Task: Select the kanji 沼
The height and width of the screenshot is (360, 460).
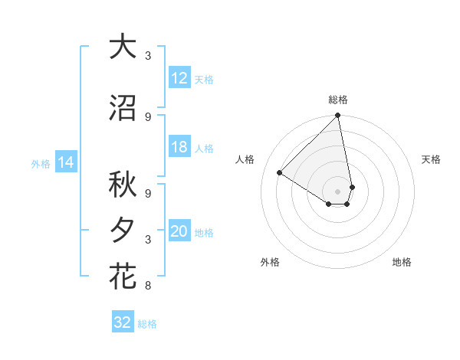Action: pyautogui.click(x=123, y=108)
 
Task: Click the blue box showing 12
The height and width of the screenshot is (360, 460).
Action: pyautogui.click(x=179, y=78)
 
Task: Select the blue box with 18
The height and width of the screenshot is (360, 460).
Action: pyautogui.click(x=179, y=148)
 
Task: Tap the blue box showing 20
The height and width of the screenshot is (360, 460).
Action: pyautogui.click(x=179, y=232)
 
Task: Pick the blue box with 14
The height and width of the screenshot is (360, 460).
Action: pyautogui.click(x=65, y=162)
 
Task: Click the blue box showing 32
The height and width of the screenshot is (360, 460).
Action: pyautogui.click(x=123, y=322)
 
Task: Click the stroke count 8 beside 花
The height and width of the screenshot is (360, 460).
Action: pyautogui.click(x=147, y=286)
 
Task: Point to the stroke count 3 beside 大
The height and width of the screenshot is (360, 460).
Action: pyautogui.click(x=147, y=56)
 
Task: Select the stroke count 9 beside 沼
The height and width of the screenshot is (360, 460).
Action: pyautogui.click(x=147, y=116)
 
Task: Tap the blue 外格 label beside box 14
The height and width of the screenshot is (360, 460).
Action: pyautogui.click(x=41, y=163)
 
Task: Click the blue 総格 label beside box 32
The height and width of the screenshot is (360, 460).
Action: pyautogui.click(x=147, y=324)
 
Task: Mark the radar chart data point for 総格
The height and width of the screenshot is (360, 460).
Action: pyautogui.click(x=338, y=116)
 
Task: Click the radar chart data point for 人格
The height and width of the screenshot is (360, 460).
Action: pyautogui.click(x=280, y=173)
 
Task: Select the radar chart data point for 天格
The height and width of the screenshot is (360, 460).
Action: pyautogui.click(x=352, y=186)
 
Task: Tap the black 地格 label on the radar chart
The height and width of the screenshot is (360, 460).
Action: pyautogui.click(x=402, y=262)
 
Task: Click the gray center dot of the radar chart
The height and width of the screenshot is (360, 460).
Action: pyautogui.click(x=338, y=191)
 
